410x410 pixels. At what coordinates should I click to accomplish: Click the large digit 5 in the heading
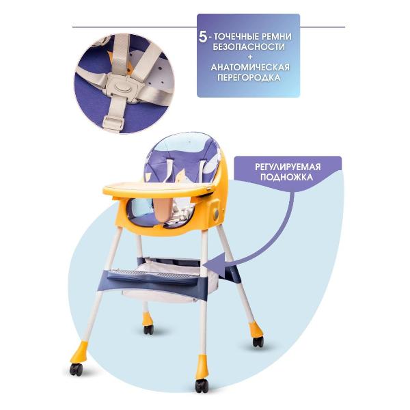pyautogui.click(x=203, y=37)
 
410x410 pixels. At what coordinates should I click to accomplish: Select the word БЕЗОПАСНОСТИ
pyautogui.click(x=249, y=47)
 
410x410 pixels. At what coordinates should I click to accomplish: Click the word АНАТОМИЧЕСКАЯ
pyautogui.click(x=250, y=68)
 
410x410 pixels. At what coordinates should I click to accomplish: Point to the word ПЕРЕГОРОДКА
pyautogui.click(x=249, y=78)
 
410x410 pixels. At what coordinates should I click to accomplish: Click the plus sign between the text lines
pyautogui.click(x=250, y=57)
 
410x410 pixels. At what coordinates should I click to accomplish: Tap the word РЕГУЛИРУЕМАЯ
pyautogui.click(x=288, y=167)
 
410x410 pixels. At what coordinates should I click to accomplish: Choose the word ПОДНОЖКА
pyautogui.click(x=286, y=177)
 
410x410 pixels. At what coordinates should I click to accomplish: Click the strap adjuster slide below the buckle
pyautogui.click(x=113, y=124)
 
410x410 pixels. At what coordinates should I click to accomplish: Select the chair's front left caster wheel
pyautogui.click(x=77, y=370)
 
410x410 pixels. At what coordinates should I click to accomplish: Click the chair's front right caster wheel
pyautogui.click(x=202, y=385)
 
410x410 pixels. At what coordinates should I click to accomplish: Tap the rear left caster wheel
pyautogui.click(x=148, y=330)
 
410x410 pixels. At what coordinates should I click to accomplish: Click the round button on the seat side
pyautogui.click(x=216, y=215)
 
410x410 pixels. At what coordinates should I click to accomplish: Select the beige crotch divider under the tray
pyautogui.click(x=163, y=208)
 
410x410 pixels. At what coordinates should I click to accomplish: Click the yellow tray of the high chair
pyautogui.click(x=159, y=189)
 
